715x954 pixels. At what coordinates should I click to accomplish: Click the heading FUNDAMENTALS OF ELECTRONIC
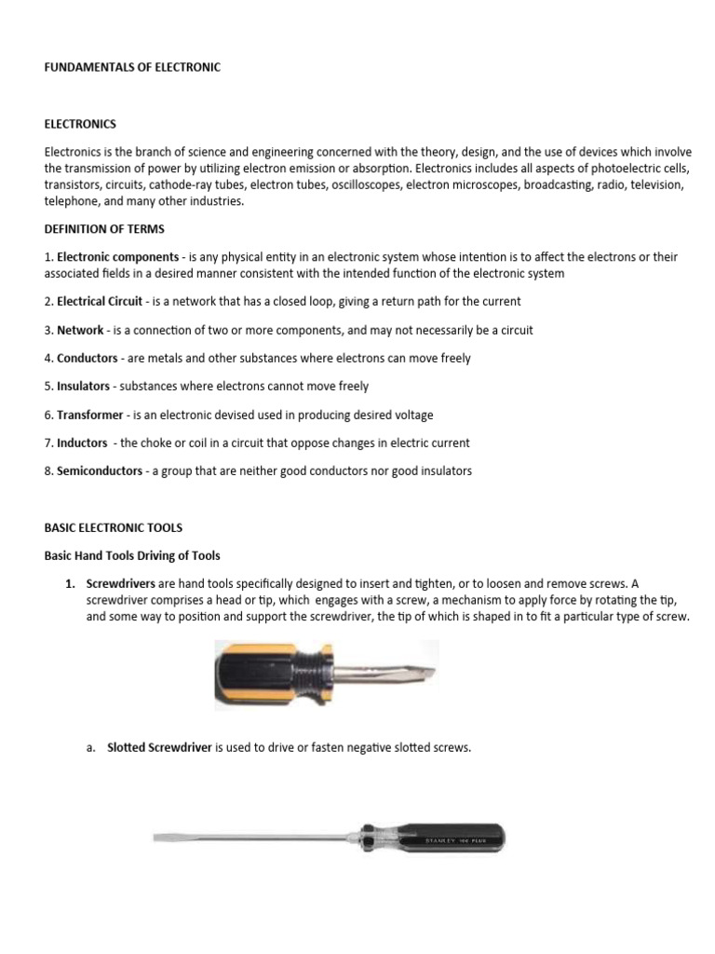click(x=132, y=67)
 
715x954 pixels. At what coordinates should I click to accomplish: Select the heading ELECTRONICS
click(x=80, y=124)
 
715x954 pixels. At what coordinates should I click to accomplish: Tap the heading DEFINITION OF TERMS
click(x=104, y=228)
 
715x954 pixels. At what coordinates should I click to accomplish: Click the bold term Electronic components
click(x=117, y=256)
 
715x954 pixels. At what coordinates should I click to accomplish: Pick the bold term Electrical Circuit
click(x=100, y=301)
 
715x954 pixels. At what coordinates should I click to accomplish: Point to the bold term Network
click(x=80, y=330)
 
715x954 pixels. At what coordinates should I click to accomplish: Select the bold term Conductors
click(x=88, y=358)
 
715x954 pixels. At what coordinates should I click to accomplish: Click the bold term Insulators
click(x=84, y=386)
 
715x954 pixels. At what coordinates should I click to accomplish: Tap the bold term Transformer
click(x=92, y=415)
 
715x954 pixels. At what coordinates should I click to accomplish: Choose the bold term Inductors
click(x=82, y=443)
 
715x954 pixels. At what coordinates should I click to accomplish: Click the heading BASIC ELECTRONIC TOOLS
click(x=114, y=527)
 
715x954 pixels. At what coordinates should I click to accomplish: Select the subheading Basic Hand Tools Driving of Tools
click(x=132, y=555)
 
